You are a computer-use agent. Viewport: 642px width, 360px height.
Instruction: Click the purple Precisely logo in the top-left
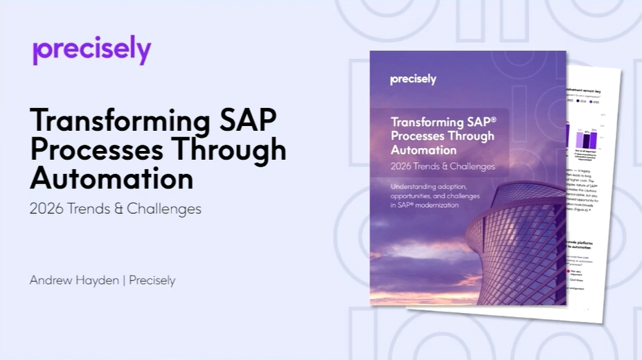coord(91,51)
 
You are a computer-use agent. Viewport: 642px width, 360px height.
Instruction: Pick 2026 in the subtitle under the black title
coord(46,208)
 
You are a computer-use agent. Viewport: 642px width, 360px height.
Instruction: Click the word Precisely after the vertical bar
coord(152,280)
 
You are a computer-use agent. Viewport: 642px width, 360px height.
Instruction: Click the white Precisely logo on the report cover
coord(413,79)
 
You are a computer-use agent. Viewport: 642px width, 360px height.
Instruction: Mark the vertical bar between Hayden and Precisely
coord(125,280)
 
